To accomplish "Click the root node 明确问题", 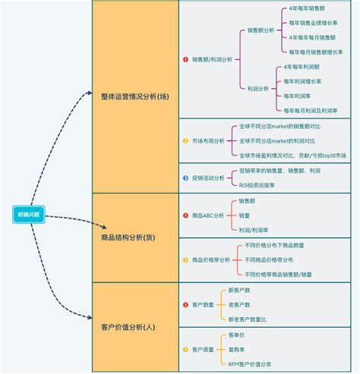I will tap(30, 215).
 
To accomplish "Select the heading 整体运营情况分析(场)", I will tap(135, 96).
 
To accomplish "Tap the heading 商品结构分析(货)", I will tap(128, 237).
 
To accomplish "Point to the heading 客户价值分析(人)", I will tap(128, 328).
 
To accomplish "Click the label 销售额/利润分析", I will tap(213, 59).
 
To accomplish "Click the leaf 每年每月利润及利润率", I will tap(315, 111).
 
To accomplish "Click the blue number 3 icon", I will tap(185, 178).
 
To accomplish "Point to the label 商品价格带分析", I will tap(210, 260).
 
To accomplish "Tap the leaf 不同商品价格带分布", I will tap(273, 259).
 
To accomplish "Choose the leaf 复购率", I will tap(238, 350).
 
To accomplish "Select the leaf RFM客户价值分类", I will tap(254, 364).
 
